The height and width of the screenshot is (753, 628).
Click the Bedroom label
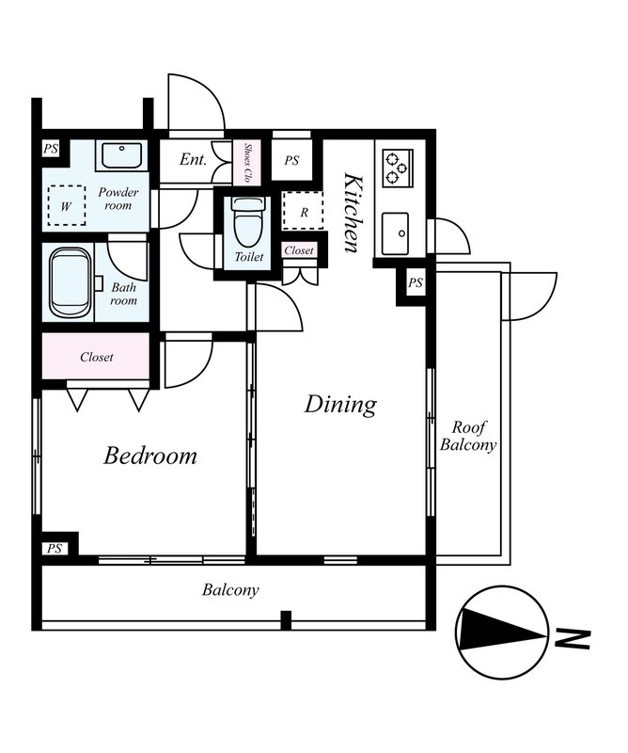click(150, 456)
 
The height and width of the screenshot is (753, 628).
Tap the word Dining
click(340, 405)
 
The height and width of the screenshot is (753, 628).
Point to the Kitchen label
click(354, 213)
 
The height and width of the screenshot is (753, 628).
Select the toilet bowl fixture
click(247, 220)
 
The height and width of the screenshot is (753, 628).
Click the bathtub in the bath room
click(71, 282)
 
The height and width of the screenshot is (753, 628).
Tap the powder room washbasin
click(121, 155)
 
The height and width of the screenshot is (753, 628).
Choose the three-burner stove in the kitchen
click(398, 168)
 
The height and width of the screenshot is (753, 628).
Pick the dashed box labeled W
click(67, 205)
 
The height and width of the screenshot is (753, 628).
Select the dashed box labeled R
click(303, 211)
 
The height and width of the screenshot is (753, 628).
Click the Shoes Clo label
click(247, 163)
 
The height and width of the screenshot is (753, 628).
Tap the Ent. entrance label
click(193, 159)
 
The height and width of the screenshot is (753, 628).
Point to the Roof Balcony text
click(468, 436)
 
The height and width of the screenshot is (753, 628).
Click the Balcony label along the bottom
click(230, 590)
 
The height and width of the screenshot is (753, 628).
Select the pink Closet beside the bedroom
click(96, 357)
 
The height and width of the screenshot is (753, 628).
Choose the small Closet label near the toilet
click(298, 250)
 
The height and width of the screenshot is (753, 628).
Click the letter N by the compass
click(572, 639)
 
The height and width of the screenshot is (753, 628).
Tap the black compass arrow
click(502, 631)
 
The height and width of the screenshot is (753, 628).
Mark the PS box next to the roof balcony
click(415, 283)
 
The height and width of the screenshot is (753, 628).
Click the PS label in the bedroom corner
click(55, 548)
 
